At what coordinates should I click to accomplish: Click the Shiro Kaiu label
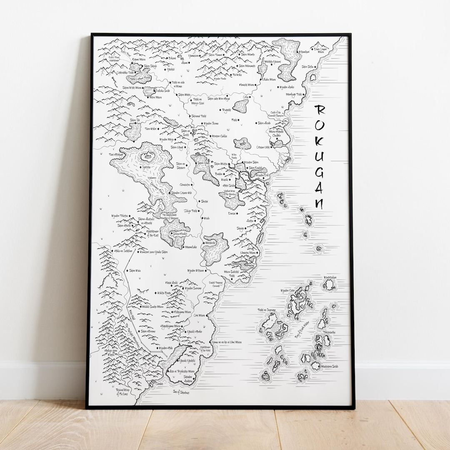point(135,270)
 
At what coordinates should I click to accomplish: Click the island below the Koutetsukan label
point(330,285)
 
